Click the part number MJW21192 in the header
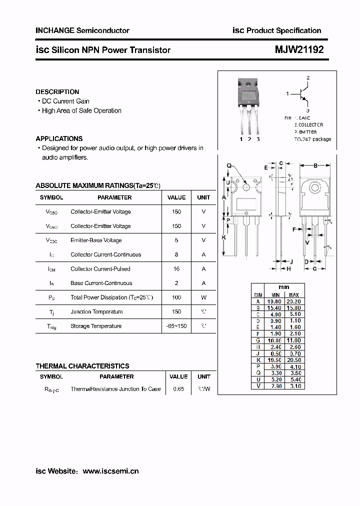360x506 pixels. pyautogui.click(x=299, y=50)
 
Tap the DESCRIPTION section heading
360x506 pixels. pyautogui.click(x=57, y=92)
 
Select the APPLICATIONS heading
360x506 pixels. pyautogui.click(x=59, y=138)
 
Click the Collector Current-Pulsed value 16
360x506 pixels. pyautogui.click(x=176, y=269)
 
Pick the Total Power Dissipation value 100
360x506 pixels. pyautogui.click(x=176, y=297)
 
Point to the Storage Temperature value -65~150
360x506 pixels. pyautogui.click(x=176, y=326)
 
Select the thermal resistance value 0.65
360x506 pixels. pyautogui.click(x=178, y=389)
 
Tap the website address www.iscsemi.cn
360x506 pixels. pyautogui.click(x=110, y=471)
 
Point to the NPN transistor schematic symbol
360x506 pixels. pyautogui.click(x=303, y=93)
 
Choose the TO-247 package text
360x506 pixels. pyautogui.click(x=312, y=139)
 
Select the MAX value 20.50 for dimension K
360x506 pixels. pyautogui.click(x=294, y=360)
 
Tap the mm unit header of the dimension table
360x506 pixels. pyautogui.click(x=283, y=288)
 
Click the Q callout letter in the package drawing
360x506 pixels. pyautogui.click(x=229, y=165)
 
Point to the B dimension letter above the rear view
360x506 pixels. pyautogui.click(x=315, y=165)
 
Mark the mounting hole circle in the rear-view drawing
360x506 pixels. pyautogui.click(x=315, y=188)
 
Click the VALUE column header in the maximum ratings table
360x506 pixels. pyautogui.click(x=176, y=197)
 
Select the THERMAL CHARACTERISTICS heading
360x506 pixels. pyautogui.click(x=82, y=366)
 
